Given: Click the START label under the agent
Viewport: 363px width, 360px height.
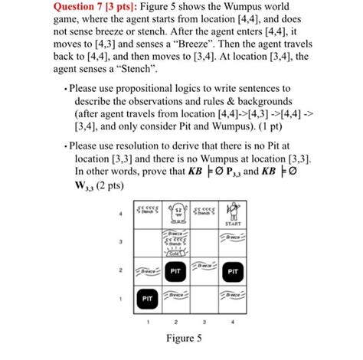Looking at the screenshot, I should [x=236, y=224].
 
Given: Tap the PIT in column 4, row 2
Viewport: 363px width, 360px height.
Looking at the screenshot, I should [x=235, y=270].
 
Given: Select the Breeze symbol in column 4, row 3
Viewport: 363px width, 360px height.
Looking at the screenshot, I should [x=235, y=238].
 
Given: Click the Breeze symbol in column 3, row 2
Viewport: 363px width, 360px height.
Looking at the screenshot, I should [x=206, y=266].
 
